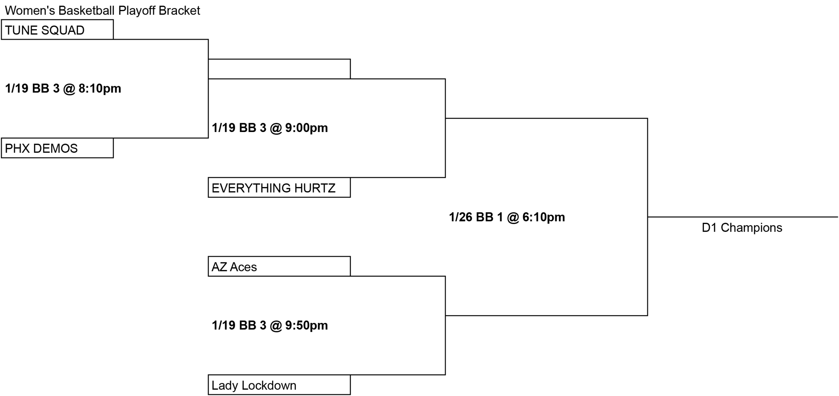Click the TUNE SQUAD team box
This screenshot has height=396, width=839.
pyautogui.click(x=57, y=29)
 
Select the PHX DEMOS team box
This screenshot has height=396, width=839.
pyautogui.click(x=57, y=148)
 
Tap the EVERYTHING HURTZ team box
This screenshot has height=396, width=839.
pyautogui.click(x=279, y=187)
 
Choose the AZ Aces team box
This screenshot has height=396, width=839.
pyautogui.click(x=279, y=266)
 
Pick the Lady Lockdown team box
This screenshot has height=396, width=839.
pyautogui.click(x=279, y=385)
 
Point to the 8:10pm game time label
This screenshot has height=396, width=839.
pyautogui.click(x=63, y=88)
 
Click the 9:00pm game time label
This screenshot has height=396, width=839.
pyautogui.click(x=270, y=128)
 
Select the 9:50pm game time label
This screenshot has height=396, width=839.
pyautogui.click(x=270, y=325)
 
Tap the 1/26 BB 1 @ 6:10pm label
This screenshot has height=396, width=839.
pyautogui.click(x=507, y=217)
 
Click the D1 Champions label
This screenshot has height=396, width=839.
pyautogui.click(x=742, y=228)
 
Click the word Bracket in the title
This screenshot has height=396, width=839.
pyautogui.click(x=179, y=10)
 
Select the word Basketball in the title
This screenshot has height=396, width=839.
pyautogui.click(x=87, y=10)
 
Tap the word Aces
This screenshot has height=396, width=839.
pyautogui.click(x=243, y=267)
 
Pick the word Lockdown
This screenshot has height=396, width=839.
pyautogui.click(x=269, y=386)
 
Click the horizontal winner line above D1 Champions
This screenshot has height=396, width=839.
pyautogui.click(x=743, y=217)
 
